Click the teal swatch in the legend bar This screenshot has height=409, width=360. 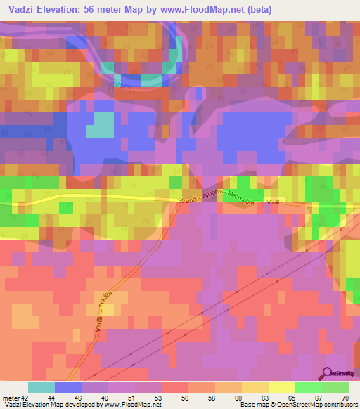click(41, 388)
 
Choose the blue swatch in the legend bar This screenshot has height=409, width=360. click(68, 388)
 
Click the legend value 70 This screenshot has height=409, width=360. click(345, 397)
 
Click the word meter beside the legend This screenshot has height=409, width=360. click(10, 397)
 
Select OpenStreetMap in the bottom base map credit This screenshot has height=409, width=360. click(286, 405)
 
